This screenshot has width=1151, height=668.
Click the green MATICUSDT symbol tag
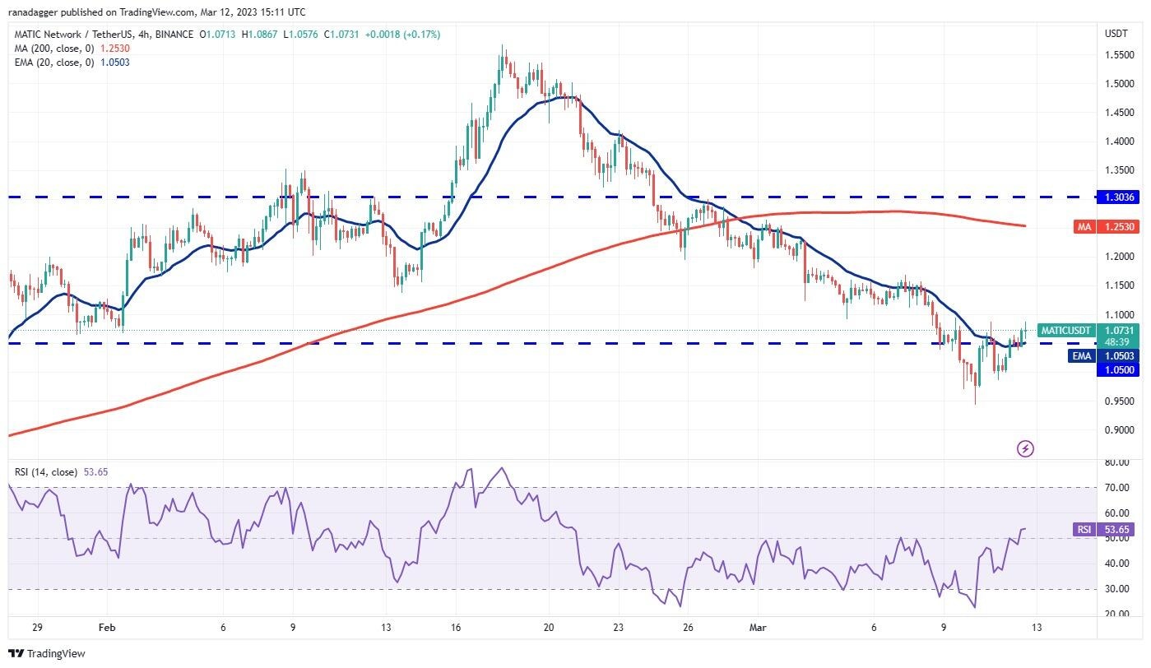click(1065, 331)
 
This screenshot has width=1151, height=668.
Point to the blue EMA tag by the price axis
click(1081, 355)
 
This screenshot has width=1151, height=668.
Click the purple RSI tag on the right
click(1084, 530)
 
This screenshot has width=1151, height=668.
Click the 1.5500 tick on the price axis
click(1116, 55)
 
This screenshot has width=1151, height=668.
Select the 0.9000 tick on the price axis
click(1116, 430)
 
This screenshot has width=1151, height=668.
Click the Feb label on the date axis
click(107, 627)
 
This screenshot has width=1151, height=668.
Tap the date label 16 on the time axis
click(455, 627)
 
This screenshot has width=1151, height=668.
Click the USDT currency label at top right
click(1115, 33)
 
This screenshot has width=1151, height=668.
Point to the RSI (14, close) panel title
click(46, 472)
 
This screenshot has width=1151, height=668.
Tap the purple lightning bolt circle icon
click(1025, 448)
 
